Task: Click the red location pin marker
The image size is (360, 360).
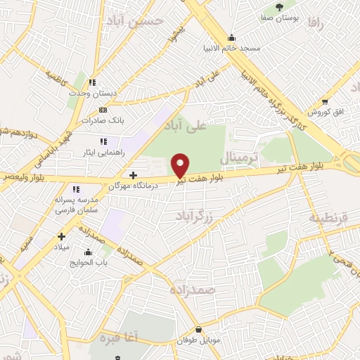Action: (181, 165)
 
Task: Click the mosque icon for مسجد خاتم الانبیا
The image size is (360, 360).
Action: (232, 38)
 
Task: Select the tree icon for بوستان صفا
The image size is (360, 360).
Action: (281, 6)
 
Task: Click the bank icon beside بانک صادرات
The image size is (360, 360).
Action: (103, 110)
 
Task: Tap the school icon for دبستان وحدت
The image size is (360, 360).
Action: (92, 82)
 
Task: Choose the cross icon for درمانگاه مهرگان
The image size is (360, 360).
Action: (134, 174)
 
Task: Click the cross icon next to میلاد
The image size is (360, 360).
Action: (62, 236)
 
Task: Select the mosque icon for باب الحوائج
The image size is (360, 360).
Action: (89, 252)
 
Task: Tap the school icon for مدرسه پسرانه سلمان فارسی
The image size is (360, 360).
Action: (76, 189)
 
